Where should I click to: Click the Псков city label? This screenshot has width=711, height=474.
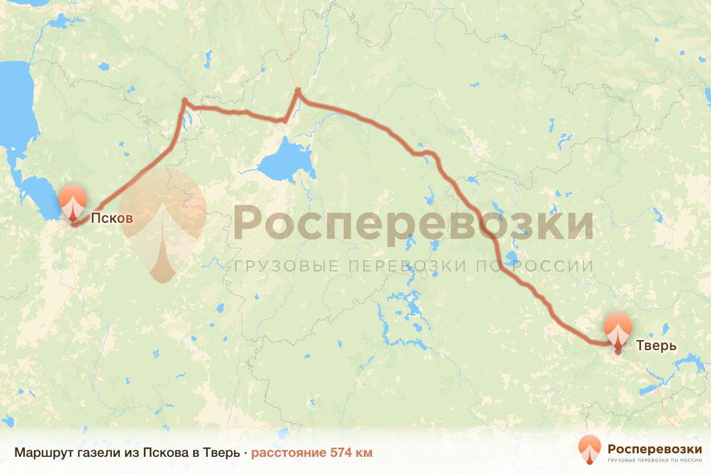coord(111,219)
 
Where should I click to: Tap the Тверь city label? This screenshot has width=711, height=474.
coord(656,345)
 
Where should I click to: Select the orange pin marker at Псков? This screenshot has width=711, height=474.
coord(73,204)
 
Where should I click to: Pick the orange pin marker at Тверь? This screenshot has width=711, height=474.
coord(618,331)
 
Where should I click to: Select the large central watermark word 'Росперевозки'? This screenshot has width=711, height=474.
coord(413,224)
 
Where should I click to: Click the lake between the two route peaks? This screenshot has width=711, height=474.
coord(287,160)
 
